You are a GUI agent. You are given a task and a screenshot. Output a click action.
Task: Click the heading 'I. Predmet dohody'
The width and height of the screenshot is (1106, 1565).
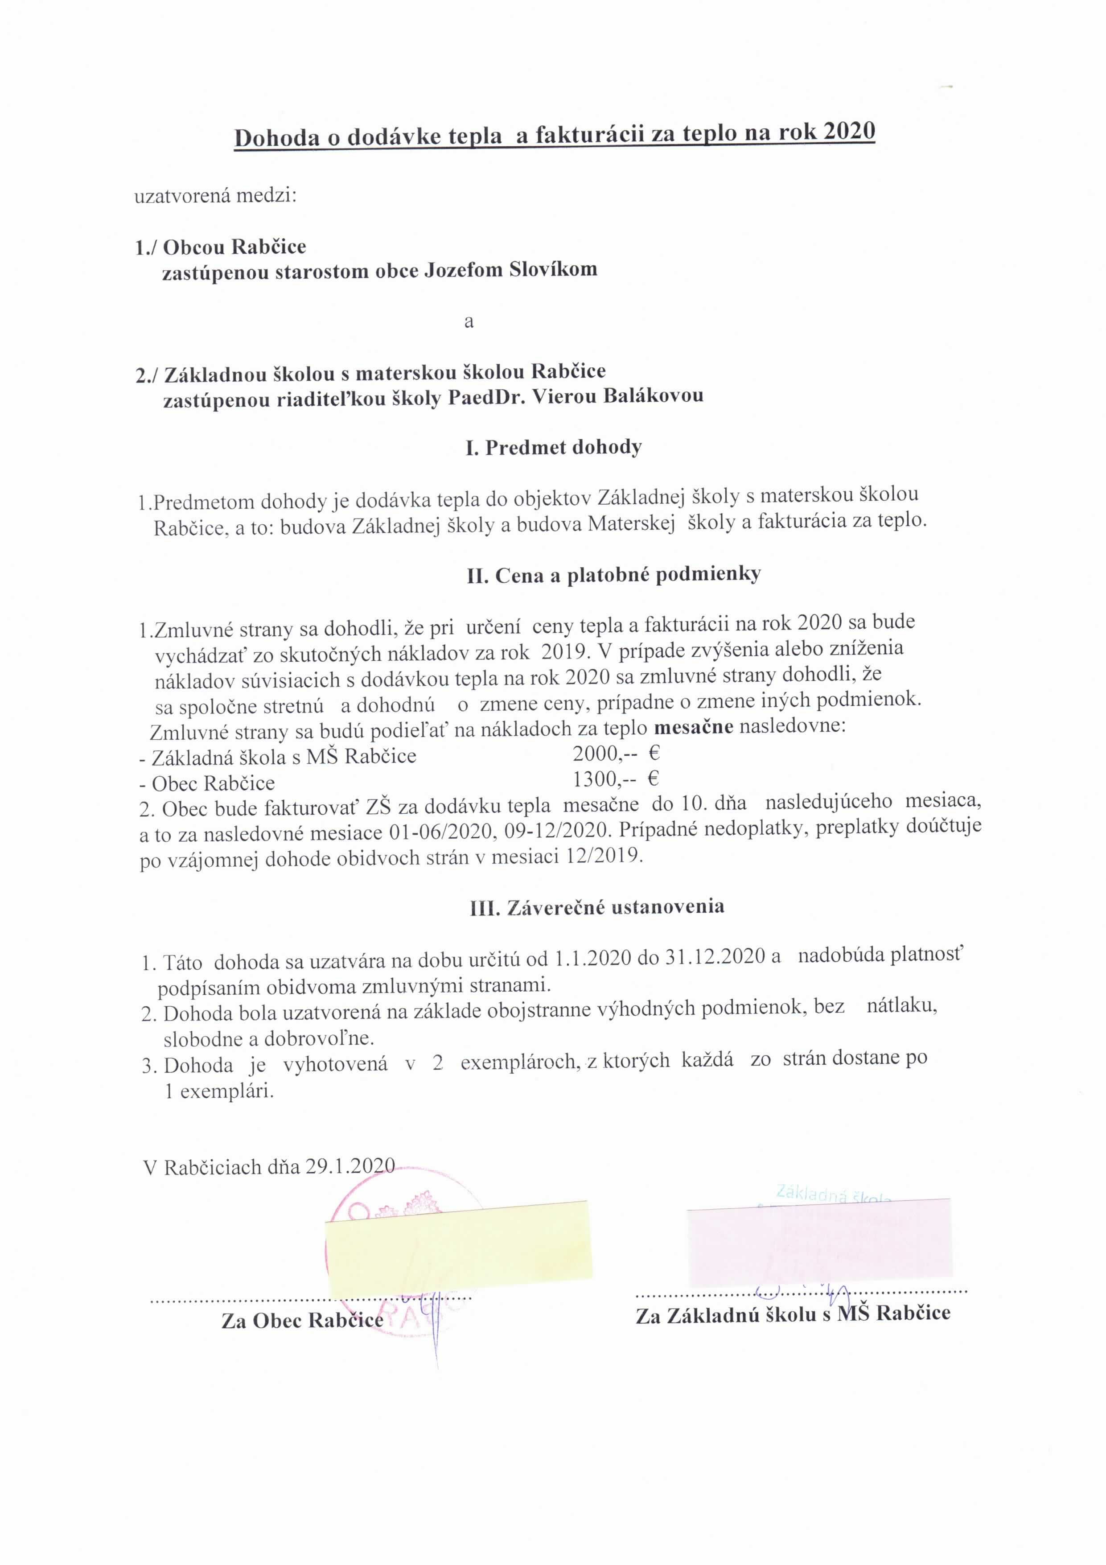553,448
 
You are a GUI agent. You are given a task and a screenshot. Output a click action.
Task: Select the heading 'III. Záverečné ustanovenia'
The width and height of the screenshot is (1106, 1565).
597,907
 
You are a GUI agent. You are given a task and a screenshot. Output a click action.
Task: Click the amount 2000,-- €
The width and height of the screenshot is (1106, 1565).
616,753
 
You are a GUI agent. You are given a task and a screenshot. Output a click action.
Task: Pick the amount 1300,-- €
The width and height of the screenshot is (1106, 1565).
616,778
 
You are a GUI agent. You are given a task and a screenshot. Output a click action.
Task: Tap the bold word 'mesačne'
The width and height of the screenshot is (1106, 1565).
694,727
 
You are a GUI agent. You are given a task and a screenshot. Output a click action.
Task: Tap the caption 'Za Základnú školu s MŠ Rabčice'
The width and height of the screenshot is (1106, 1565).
793,1314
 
